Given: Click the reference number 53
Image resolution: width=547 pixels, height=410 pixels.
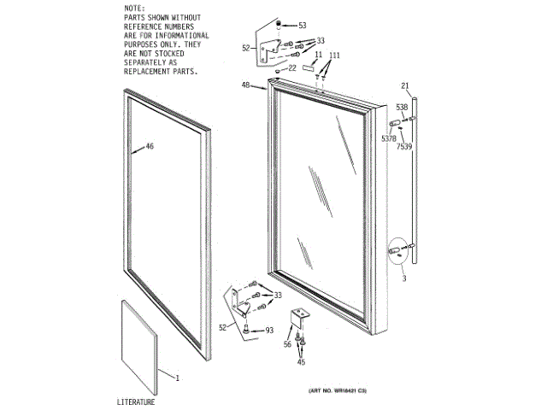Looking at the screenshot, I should point(302,26).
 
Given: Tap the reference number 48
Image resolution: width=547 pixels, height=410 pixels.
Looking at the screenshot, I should point(246,85).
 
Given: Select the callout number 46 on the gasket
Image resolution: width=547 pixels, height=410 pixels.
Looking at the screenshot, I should point(150,147).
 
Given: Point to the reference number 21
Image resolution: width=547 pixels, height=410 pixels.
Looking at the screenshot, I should point(406,85).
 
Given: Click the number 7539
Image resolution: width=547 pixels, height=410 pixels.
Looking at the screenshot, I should point(404,147).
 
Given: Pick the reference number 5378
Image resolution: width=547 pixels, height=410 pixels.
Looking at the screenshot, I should point(389,138).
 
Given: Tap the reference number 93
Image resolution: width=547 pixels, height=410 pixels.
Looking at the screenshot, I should point(269,331).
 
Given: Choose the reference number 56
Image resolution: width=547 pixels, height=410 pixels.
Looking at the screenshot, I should point(287,343).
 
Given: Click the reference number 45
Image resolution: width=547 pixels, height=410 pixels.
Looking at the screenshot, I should point(301,362).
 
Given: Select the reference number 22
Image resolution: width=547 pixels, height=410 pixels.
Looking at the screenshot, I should point(292,67).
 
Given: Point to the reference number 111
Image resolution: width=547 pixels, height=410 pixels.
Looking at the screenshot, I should point(335,55).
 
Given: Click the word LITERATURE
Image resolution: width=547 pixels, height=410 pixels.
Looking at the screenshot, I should point(136,401).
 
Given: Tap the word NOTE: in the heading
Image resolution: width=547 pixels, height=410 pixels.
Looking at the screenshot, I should point(134,7).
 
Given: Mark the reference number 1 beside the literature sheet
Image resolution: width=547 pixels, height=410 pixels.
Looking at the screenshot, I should point(178,377).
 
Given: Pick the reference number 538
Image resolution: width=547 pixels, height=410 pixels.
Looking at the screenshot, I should point(402,107).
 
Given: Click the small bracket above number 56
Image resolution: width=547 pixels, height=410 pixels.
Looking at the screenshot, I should point(300,318).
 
